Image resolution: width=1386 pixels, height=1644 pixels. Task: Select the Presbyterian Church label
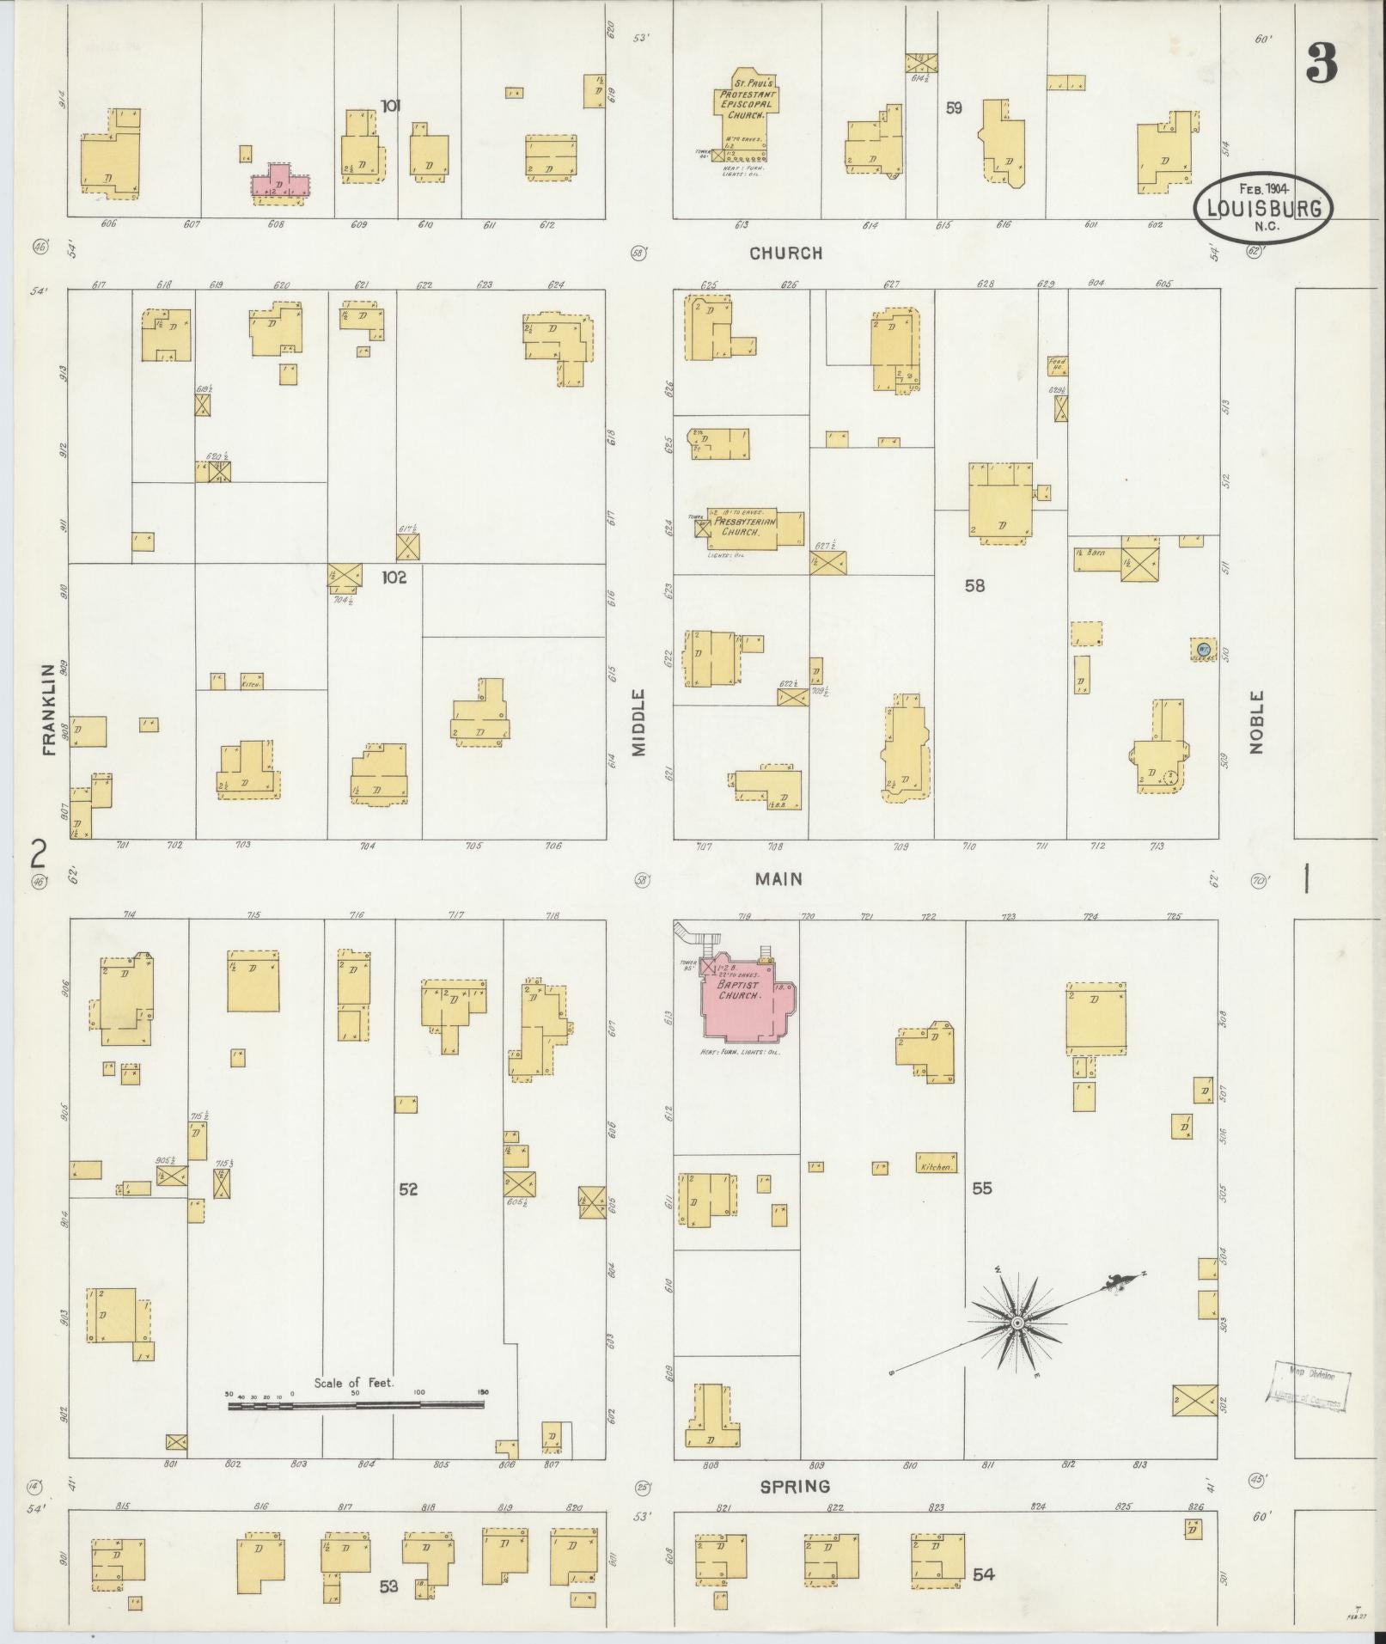click(x=741, y=526)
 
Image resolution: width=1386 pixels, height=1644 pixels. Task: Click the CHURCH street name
click(x=785, y=253)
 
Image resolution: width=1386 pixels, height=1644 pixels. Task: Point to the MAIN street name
click(x=779, y=878)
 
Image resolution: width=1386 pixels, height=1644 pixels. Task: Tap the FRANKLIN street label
click(x=48, y=709)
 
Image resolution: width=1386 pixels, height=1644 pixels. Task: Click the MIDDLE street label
click(x=638, y=722)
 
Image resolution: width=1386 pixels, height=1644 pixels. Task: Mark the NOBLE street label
click(x=1257, y=722)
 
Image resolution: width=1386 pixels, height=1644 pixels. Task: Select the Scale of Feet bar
click(x=356, y=1406)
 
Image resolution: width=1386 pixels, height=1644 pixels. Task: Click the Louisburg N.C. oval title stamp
click(x=1262, y=209)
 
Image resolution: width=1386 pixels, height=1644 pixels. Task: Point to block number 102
click(x=394, y=578)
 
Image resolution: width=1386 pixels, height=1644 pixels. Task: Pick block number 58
click(x=974, y=586)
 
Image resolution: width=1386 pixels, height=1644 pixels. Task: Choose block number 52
click(x=407, y=1189)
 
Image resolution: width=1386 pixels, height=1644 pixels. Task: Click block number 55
click(x=982, y=1189)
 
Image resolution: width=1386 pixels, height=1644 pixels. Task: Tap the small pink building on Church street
click(x=279, y=183)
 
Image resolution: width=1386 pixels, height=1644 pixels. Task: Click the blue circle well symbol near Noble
click(x=1204, y=648)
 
